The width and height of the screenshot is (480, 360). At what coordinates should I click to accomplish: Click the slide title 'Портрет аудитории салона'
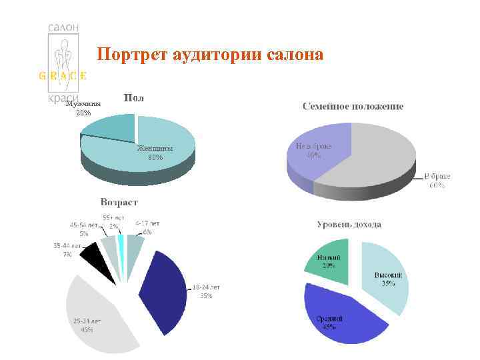[x=210, y=54]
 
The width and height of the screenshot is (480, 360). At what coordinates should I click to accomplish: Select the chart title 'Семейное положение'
[x=353, y=107]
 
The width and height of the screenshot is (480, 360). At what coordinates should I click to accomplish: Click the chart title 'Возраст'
[x=119, y=201]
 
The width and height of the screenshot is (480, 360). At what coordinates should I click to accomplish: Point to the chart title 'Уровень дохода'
[x=349, y=225]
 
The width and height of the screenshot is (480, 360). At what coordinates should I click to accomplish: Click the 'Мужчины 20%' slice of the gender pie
[x=107, y=127]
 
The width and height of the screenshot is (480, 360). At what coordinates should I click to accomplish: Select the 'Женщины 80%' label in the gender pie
[x=155, y=153]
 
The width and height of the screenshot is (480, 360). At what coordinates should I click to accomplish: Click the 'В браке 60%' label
[x=437, y=181]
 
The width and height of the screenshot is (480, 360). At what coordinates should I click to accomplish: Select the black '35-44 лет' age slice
[x=94, y=263]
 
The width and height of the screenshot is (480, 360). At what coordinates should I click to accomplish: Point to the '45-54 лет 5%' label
[x=84, y=229]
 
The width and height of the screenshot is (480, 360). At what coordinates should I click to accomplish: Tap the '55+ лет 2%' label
[x=113, y=222]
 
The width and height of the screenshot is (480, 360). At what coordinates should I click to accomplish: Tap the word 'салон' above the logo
[x=64, y=27]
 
